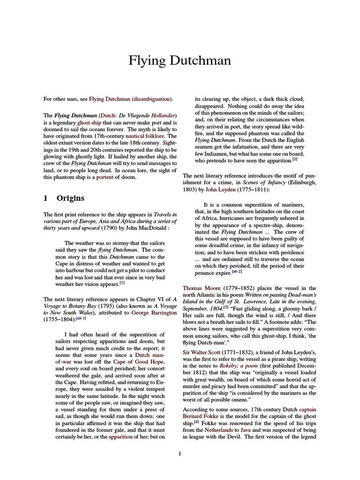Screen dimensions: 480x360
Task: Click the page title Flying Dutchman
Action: pyautogui.click(x=180, y=61)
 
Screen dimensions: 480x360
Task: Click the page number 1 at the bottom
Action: pyautogui.click(x=180, y=453)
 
